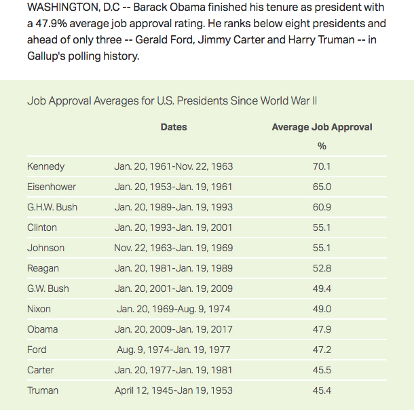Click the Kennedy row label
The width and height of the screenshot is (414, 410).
(x=45, y=166)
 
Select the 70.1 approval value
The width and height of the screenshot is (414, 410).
(x=322, y=166)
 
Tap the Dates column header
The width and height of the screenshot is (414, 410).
(x=174, y=127)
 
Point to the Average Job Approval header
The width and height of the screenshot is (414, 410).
(x=322, y=127)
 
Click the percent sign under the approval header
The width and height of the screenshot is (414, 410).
(x=322, y=146)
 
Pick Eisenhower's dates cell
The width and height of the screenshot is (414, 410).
(x=174, y=187)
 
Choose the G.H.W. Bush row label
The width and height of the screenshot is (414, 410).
(x=52, y=207)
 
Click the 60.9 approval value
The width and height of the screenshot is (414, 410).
(x=322, y=207)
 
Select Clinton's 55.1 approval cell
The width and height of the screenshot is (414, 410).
(x=322, y=227)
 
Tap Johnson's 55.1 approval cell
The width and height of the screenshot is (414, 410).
(x=322, y=248)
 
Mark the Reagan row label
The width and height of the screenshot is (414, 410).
(x=43, y=268)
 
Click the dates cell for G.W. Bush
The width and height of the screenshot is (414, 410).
(x=174, y=288)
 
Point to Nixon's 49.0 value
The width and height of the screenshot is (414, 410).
(x=322, y=309)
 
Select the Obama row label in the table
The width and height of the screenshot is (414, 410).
(x=42, y=329)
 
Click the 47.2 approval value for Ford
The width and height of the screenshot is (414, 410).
(x=322, y=350)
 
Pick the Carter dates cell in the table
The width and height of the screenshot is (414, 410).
(x=174, y=370)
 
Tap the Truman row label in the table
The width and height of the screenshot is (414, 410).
(x=43, y=390)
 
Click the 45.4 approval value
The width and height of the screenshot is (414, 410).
(x=322, y=390)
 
